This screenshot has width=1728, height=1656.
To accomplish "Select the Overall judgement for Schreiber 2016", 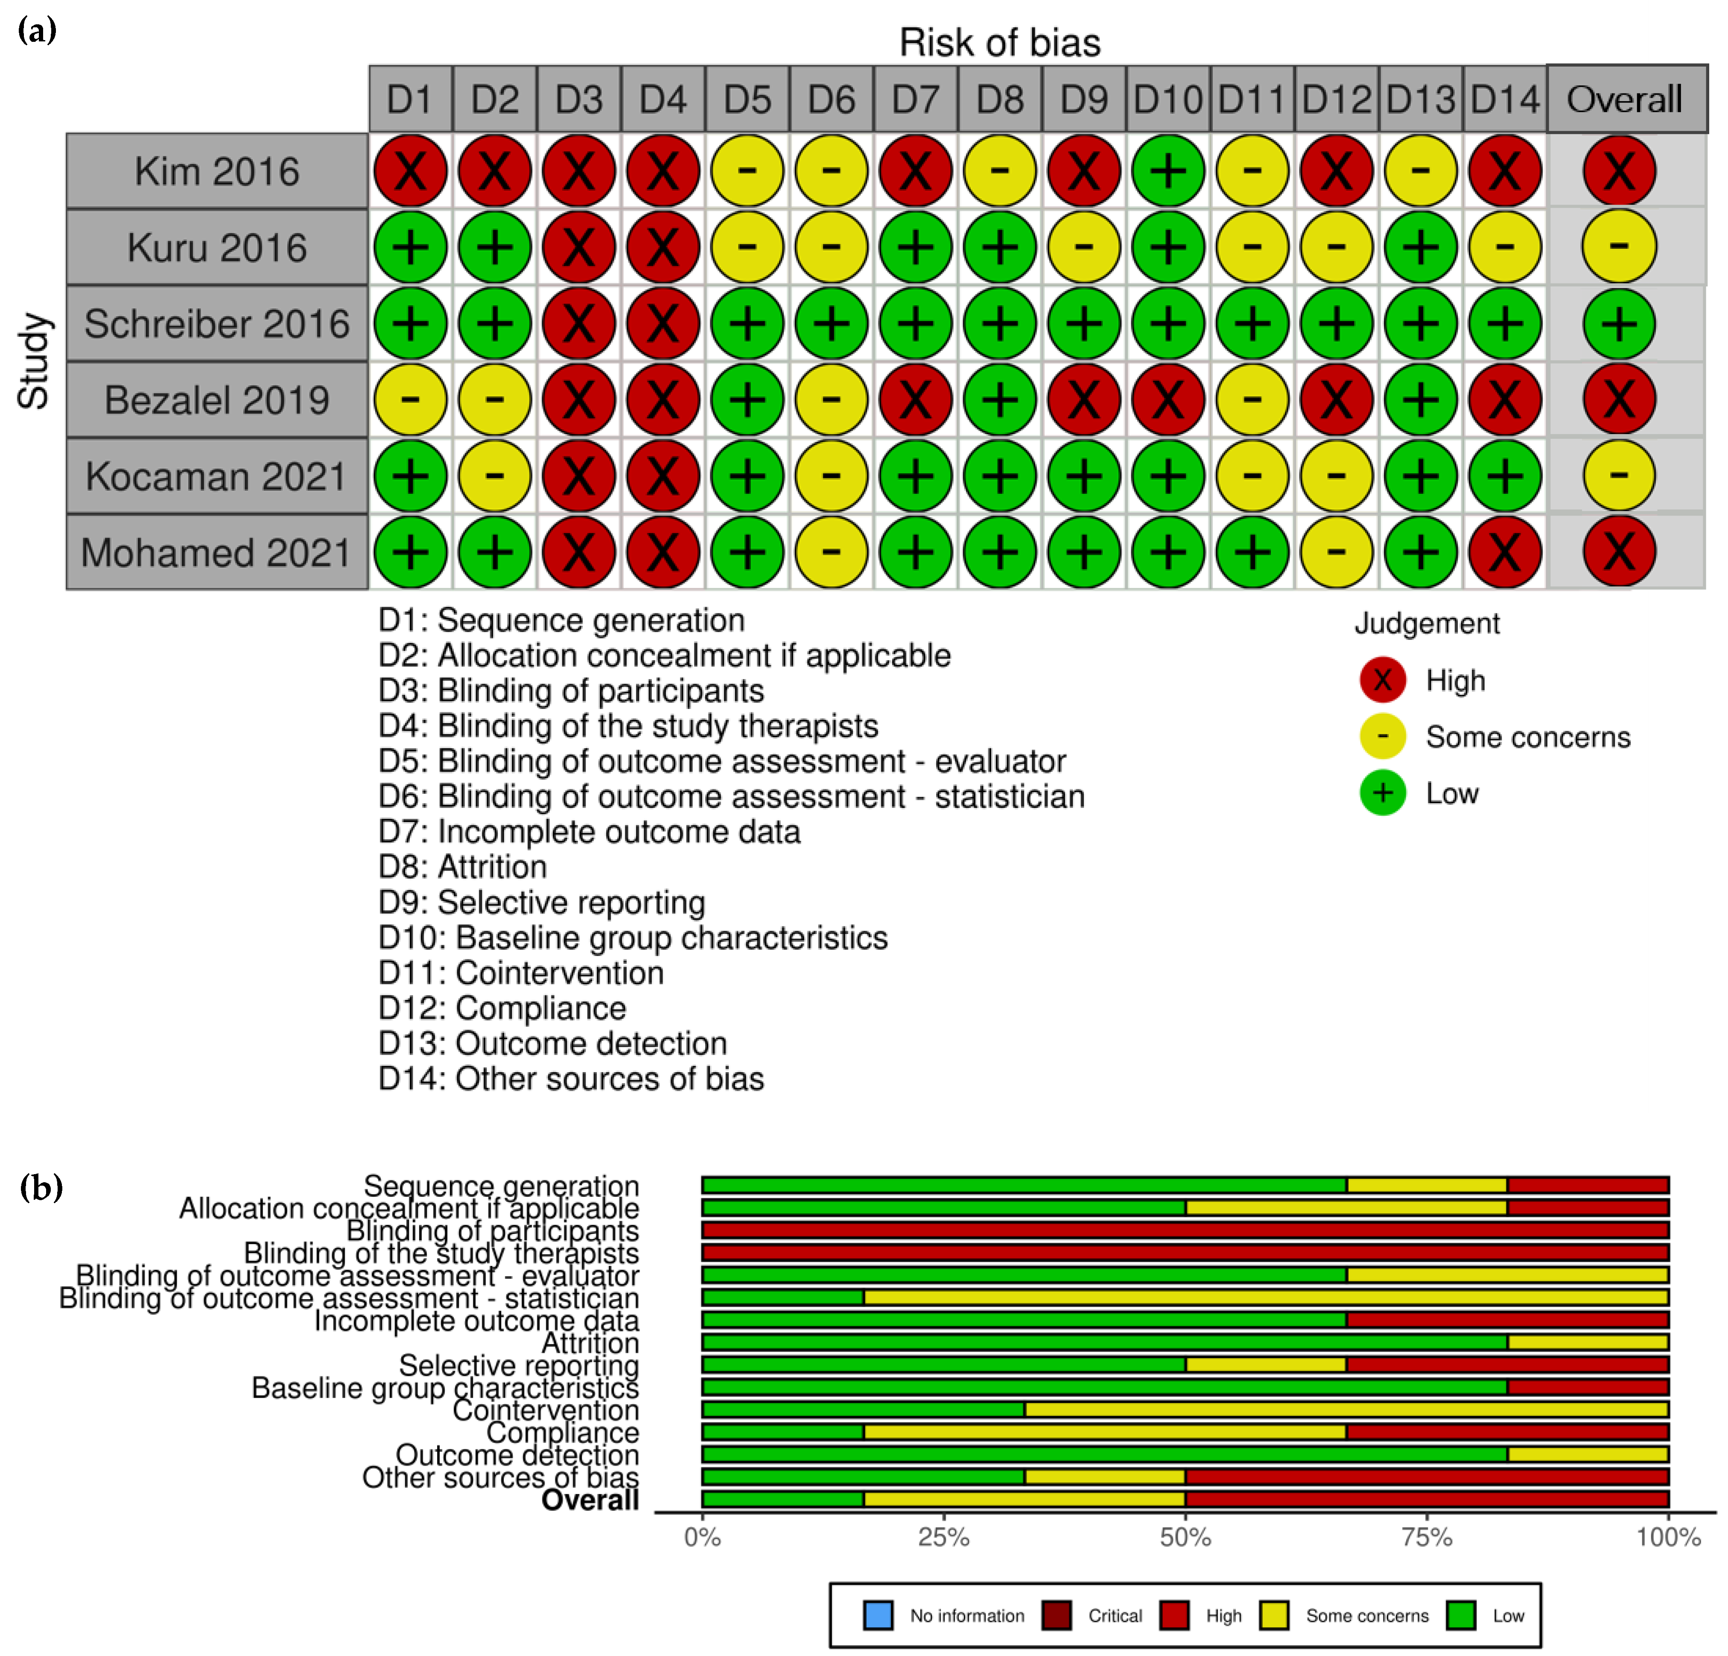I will coord(1619,324).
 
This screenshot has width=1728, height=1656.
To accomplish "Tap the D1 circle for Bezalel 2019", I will coord(410,399).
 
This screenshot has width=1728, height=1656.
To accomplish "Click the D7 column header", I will coord(915,99).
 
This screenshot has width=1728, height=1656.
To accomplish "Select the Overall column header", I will coord(1625,99).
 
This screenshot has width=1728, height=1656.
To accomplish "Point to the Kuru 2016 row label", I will coord(217,247).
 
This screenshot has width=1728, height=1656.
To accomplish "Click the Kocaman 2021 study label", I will coord(217,476).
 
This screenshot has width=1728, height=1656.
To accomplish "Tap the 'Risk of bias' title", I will coord(1000,42).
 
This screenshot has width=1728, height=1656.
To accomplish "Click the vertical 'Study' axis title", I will coord(33,362).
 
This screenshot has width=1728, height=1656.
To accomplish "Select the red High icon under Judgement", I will coord(1382,679).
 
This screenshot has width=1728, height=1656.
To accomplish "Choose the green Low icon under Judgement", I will coord(1382,792).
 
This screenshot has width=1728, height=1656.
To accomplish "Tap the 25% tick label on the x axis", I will coord(943,1537).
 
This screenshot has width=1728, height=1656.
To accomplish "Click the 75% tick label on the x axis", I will coord(1427,1537).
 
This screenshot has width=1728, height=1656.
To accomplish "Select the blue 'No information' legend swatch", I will coord(878,1615).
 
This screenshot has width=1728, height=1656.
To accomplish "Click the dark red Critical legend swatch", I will coord(1056,1615).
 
